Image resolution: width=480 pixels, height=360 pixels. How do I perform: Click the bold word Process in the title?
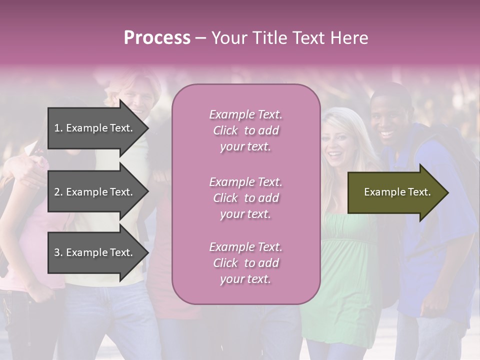[157, 38]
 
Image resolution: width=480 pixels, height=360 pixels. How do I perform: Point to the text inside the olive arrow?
[397, 192]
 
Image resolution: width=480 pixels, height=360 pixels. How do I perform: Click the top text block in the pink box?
[245, 130]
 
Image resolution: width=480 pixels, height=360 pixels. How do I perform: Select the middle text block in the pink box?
[245, 198]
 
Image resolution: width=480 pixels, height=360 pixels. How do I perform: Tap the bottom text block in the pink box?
[245, 263]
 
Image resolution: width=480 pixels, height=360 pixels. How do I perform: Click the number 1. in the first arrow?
[58, 128]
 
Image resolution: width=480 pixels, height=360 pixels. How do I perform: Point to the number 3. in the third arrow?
[58, 252]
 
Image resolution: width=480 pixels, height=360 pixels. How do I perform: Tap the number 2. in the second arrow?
[58, 192]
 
